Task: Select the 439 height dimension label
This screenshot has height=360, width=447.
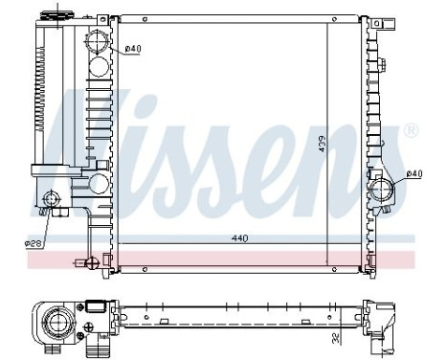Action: point(324,144)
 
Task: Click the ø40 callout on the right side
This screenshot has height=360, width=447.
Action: point(413,173)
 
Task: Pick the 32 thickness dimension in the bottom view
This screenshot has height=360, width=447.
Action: point(336,337)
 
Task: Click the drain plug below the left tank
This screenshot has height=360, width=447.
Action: point(92,261)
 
